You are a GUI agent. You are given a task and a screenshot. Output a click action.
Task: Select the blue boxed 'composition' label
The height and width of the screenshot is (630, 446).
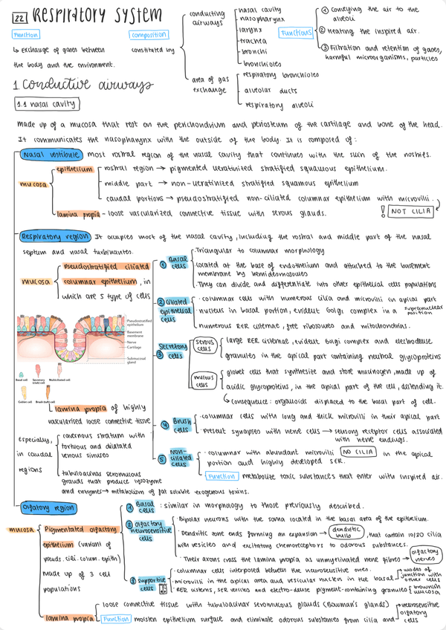[x=148, y=35]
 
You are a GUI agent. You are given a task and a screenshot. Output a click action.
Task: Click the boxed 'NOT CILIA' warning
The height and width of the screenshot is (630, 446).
[x=411, y=212]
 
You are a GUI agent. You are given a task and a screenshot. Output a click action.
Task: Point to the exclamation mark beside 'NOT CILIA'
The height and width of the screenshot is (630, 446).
[x=382, y=211]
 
